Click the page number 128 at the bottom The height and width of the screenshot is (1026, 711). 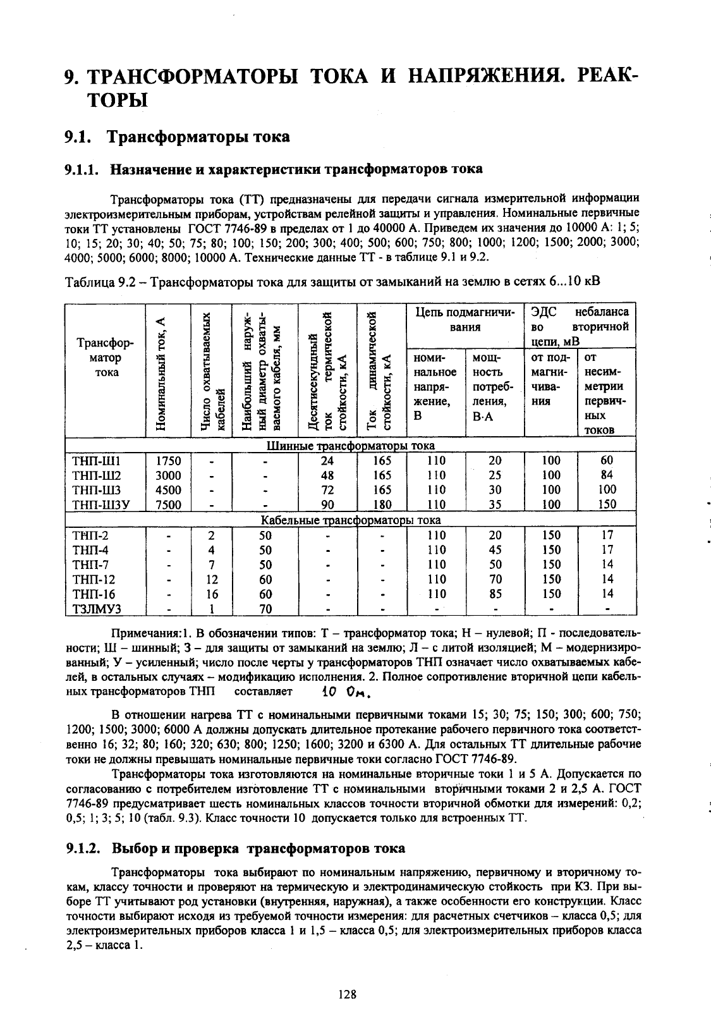coord(348,994)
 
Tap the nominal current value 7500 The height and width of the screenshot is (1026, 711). coord(168,504)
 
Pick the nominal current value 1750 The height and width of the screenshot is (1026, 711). coord(168,461)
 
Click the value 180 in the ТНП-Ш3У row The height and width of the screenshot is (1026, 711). coord(382,504)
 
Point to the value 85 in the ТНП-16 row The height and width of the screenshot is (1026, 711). coord(495,594)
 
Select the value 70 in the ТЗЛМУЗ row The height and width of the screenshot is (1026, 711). coord(265,609)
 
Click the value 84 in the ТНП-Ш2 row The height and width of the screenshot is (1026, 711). coord(607,475)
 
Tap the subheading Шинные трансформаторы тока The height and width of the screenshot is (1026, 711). coord(350,446)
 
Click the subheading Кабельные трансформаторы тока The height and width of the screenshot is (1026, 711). coord(351,520)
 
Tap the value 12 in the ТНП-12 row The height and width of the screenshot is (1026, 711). coord(212,580)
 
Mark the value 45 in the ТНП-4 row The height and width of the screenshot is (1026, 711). coord(495,550)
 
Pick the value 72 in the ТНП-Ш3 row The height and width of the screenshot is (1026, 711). coord(327,490)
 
